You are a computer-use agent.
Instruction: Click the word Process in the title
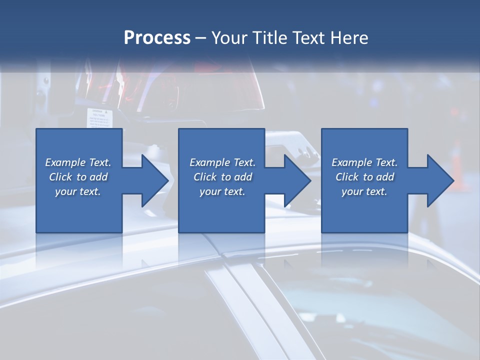(157, 38)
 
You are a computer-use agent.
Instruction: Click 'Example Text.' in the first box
(78, 162)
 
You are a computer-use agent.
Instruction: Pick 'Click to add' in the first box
(78, 177)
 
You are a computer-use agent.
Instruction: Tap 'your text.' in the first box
(78, 191)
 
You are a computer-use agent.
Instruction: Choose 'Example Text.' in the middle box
(222, 162)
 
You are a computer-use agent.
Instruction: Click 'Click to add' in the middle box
(222, 177)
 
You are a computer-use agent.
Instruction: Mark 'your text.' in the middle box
(222, 191)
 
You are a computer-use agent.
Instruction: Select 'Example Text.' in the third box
(364, 162)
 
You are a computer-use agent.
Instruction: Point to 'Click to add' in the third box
(364, 177)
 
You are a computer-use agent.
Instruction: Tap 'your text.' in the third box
(364, 191)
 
